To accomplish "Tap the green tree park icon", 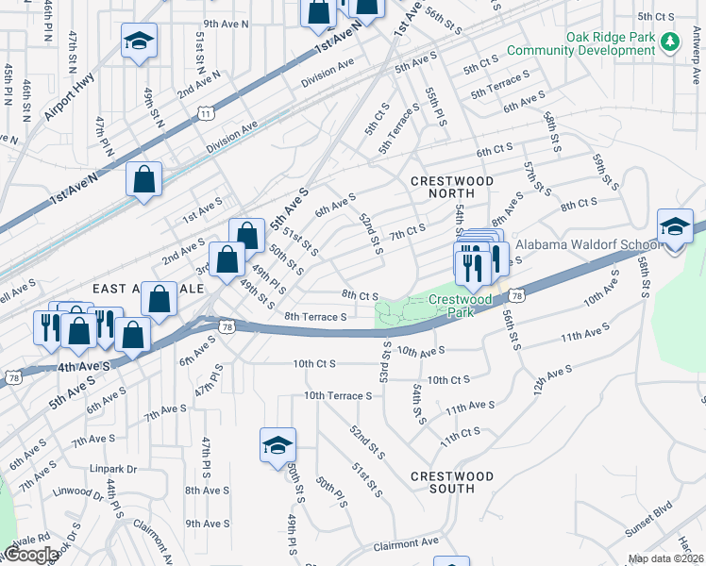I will tap(670, 42).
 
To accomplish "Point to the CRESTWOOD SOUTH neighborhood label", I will tap(443, 482).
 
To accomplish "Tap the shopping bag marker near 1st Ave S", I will tap(143, 180).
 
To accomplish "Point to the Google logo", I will tap(30, 555).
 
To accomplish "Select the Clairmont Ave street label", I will tap(406, 543).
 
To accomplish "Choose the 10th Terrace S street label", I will tap(339, 395).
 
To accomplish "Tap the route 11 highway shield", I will tap(205, 113).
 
